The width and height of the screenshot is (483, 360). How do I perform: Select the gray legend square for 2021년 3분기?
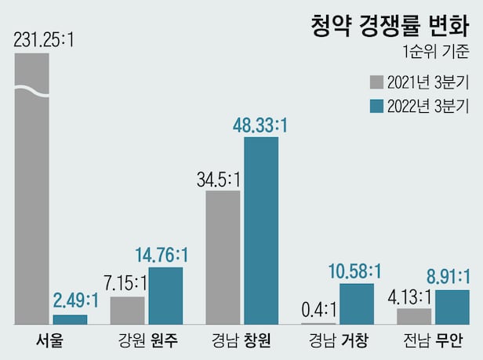[376, 82]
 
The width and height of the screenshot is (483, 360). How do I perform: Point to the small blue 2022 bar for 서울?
[70, 319]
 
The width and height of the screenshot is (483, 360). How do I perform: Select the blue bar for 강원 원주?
[165, 296]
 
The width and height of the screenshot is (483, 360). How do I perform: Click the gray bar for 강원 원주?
[127, 310]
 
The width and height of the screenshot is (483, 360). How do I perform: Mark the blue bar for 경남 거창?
[357, 304]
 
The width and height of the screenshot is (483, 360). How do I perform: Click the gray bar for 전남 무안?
[414, 316]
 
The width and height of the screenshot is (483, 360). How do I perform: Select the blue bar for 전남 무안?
[452, 307]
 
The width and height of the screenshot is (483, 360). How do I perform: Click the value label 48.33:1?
[260, 125]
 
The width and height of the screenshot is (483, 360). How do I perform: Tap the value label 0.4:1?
[318, 309]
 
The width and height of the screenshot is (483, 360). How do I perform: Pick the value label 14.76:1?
[162, 255]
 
